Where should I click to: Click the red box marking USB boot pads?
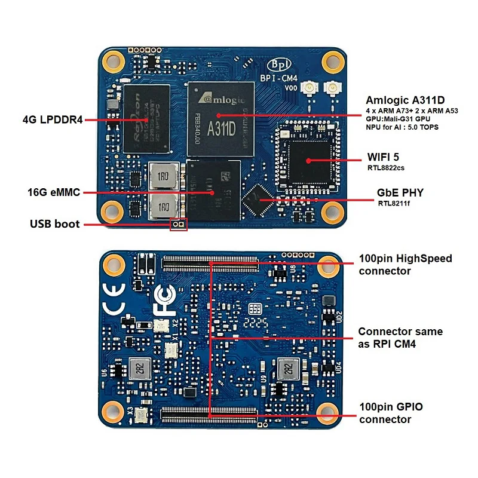point(178,225)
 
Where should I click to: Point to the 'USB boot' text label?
point(55,225)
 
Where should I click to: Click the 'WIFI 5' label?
point(382,158)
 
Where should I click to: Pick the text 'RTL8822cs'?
point(386,168)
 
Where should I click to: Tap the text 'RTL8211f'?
point(392,203)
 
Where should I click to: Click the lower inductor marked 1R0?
point(163,207)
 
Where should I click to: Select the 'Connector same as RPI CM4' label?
point(400,338)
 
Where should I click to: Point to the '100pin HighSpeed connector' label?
point(405,265)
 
